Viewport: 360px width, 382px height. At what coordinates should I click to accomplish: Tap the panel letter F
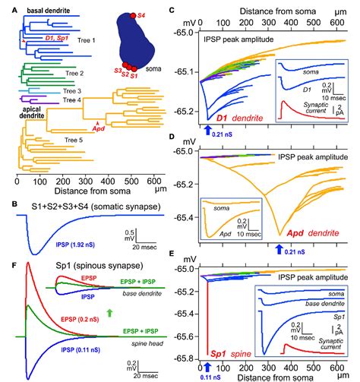tap(7, 265)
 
